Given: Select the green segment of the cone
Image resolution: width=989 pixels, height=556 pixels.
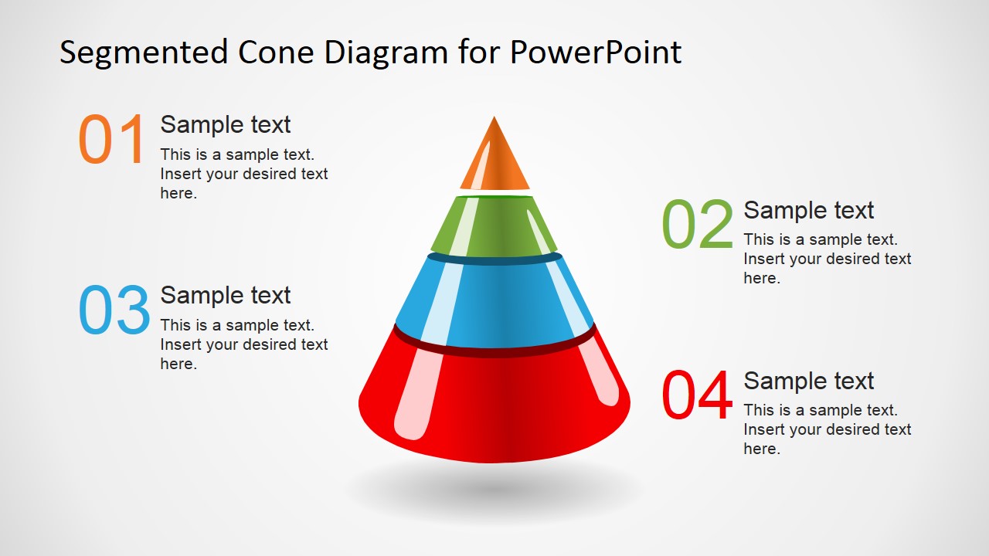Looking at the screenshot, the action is [x=494, y=226].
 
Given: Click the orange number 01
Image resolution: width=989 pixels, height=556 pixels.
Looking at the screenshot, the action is [x=111, y=139].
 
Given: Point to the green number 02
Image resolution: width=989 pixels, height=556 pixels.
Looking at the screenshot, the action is [x=697, y=224].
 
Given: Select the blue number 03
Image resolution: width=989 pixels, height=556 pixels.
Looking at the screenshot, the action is [x=114, y=310].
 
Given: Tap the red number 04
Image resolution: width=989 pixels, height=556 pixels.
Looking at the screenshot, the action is [x=697, y=395].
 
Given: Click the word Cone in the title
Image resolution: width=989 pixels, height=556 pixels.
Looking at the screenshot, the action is [x=276, y=52].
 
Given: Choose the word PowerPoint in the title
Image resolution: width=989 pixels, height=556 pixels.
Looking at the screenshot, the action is [x=596, y=52].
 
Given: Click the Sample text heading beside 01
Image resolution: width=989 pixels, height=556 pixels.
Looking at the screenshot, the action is [x=225, y=124].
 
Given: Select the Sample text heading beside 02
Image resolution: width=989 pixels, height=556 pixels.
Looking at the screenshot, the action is [x=808, y=210].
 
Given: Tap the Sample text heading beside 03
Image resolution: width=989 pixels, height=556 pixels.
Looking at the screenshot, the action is [x=225, y=295].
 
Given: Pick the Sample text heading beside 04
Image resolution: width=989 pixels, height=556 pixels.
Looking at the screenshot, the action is [x=808, y=381].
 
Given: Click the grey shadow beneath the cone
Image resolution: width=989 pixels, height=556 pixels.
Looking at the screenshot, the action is [x=494, y=490].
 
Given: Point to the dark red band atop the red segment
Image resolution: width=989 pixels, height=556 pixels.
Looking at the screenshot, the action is [x=494, y=351].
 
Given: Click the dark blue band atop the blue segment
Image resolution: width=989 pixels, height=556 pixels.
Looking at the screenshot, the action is [x=494, y=259].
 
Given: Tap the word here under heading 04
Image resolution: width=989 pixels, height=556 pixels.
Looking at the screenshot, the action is [x=762, y=449].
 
